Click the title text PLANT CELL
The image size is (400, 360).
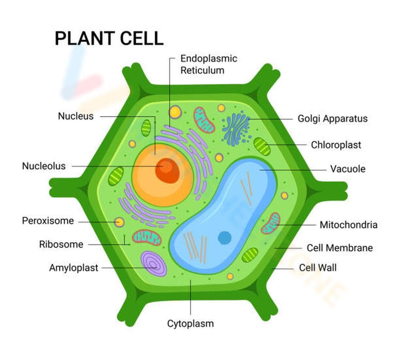[x=109, y=39]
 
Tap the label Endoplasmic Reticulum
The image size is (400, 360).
[x=208, y=64]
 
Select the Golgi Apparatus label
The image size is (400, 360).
[x=332, y=119]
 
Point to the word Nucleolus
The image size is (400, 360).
[x=44, y=166]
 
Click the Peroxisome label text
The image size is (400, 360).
[x=48, y=221]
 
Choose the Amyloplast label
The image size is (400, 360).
[x=73, y=268]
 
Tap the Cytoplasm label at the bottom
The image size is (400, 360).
[x=190, y=324]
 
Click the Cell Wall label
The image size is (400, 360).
[x=318, y=268]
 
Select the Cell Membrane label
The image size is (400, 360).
[x=339, y=248]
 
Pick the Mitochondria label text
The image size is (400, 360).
[x=348, y=225]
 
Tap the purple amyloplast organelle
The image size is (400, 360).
[x=154, y=264]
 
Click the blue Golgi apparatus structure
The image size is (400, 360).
[x=236, y=129]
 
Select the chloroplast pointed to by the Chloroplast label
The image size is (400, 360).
[x=262, y=146]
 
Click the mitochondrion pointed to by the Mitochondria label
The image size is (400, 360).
[x=271, y=223]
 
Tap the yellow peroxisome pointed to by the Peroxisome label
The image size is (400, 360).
[x=119, y=222]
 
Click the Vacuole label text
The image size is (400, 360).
[x=347, y=169]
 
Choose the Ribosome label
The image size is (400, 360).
[x=61, y=244]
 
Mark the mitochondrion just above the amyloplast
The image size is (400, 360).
[x=147, y=238]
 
